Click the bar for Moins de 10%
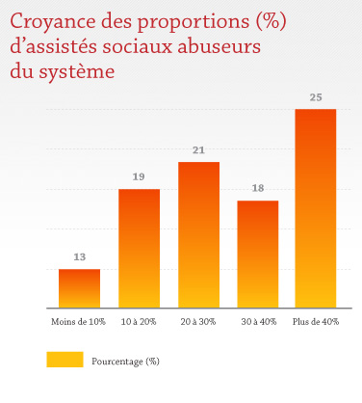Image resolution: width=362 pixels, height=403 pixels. tap(79, 287)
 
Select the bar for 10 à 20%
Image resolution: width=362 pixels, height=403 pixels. tap(139, 248)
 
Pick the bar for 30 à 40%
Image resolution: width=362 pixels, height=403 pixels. tap(257, 254)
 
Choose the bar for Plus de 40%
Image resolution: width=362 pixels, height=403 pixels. tap(316, 208)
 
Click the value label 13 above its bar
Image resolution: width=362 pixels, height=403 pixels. tap(80, 257)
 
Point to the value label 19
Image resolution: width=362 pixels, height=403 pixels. tap(139, 177)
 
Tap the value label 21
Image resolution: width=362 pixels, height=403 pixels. tap(198, 150)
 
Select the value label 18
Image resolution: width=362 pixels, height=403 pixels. tap(257, 189)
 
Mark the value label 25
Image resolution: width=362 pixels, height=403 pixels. tap(316, 97)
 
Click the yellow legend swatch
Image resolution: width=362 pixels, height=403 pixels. tap(65, 360)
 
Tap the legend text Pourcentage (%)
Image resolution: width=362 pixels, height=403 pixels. tap(125, 361)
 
